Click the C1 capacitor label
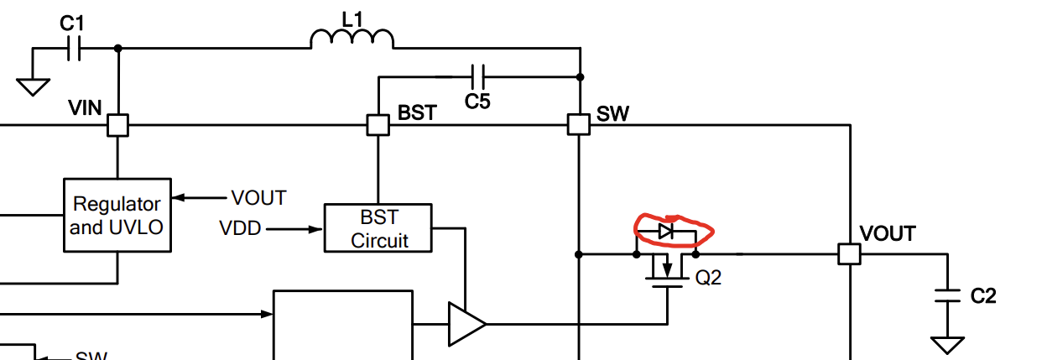coord(72,23)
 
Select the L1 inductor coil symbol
coord(352,39)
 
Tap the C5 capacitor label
coord(477,102)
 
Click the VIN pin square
coord(117,126)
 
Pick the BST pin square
coord(378,125)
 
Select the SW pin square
coord(579,125)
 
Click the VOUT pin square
coord(850,253)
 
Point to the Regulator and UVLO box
coord(117,215)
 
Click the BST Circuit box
coord(378,227)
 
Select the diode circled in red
coord(666,231)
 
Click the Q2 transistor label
coord(708,278)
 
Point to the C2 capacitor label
coord(983,295)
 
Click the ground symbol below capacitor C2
coord(948,345)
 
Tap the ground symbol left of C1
coord(34,86)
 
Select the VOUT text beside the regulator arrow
coord(258,198)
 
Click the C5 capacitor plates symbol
coord(478,76)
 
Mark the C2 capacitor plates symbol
coord(948,295)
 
